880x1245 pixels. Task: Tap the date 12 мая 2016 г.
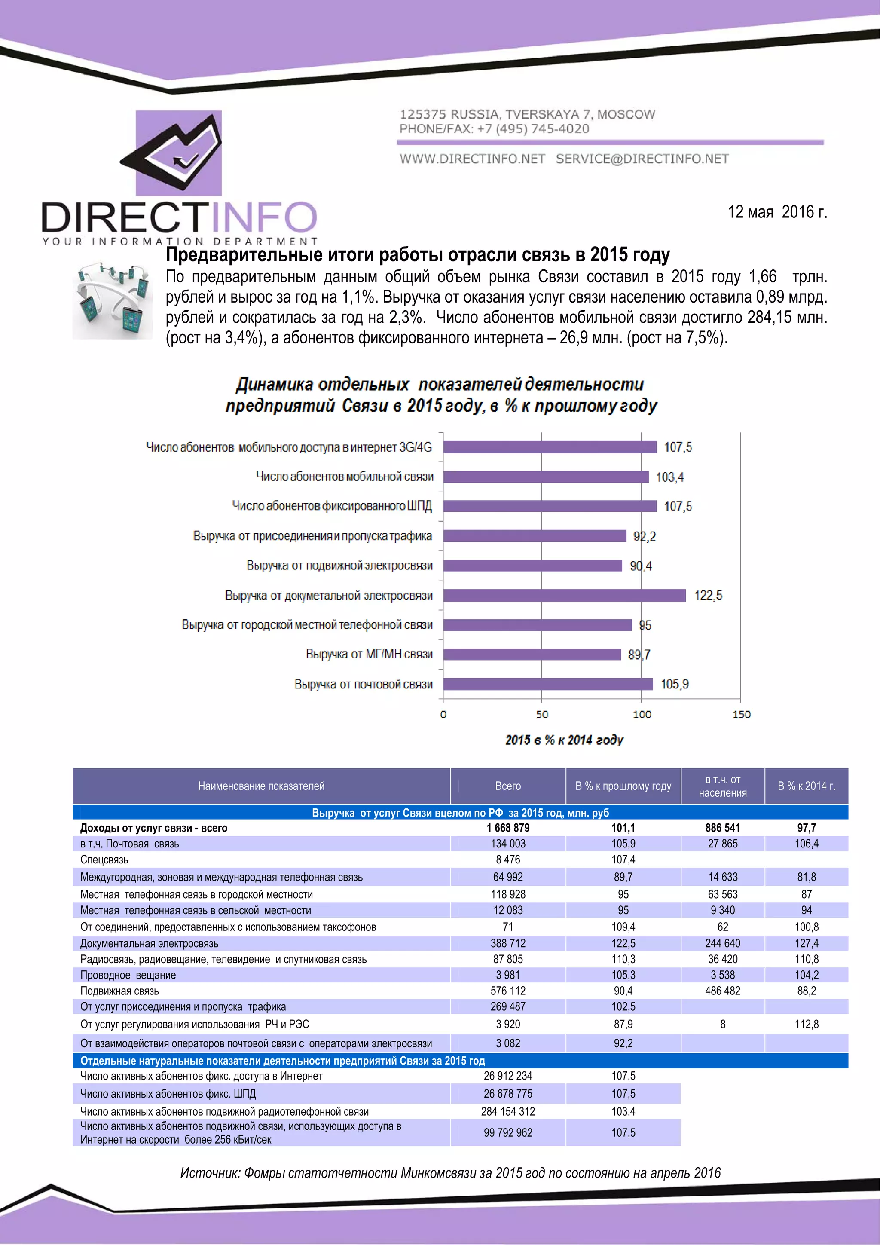(x=777, y=212)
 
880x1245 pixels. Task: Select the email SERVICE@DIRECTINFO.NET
(x=642, y=159)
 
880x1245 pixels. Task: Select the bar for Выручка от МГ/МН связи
(x=532, y=655)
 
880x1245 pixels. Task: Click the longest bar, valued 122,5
(x=564, y=595)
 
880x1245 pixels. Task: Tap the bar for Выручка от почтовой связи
(x=547, y=684)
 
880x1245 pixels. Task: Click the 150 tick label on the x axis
(x=741, y=715)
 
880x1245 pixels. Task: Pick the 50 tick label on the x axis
(x=542, y=715)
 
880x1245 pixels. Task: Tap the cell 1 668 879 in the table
(x=507, y=828)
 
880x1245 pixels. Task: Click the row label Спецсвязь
(x=104, y=860)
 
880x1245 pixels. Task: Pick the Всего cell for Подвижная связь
(x=507, y=991)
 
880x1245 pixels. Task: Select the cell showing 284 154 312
(x=507, y=1112)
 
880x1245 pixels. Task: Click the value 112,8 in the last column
(x=806, y=1024)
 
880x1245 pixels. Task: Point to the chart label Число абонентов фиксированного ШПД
(x=332, y=506)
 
